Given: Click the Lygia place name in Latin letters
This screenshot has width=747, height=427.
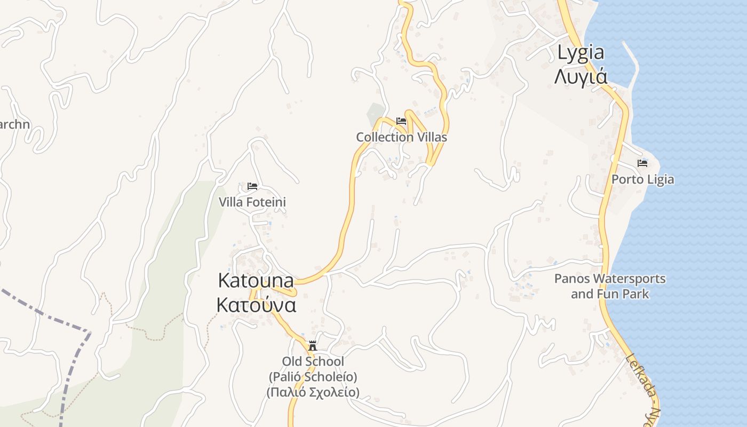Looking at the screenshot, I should point(581,52).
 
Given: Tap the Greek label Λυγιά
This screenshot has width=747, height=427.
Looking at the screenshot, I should point(581,76).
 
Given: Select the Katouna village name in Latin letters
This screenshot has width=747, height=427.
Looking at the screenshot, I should point(256,281).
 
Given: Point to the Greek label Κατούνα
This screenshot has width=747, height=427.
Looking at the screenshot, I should point(256,305).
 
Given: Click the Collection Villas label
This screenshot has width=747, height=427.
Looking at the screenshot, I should point(401,137).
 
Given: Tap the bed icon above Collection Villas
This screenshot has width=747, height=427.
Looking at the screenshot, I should point(401,121).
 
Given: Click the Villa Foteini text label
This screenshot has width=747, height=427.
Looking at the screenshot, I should point(252,202).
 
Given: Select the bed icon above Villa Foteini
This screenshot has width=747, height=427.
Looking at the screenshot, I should point(252,186).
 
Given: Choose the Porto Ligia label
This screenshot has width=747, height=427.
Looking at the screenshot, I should point(642,179).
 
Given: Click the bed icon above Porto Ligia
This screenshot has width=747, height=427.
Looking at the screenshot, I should point(642,163).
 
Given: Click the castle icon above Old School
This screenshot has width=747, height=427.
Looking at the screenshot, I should point(313,346).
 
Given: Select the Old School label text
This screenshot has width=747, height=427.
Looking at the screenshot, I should point(313,361).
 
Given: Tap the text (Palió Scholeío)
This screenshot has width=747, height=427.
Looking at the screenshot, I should point(313,377).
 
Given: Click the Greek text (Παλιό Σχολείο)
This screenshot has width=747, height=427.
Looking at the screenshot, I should point(313,392).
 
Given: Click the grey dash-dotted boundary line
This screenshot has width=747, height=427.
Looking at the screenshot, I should point(43,314).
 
